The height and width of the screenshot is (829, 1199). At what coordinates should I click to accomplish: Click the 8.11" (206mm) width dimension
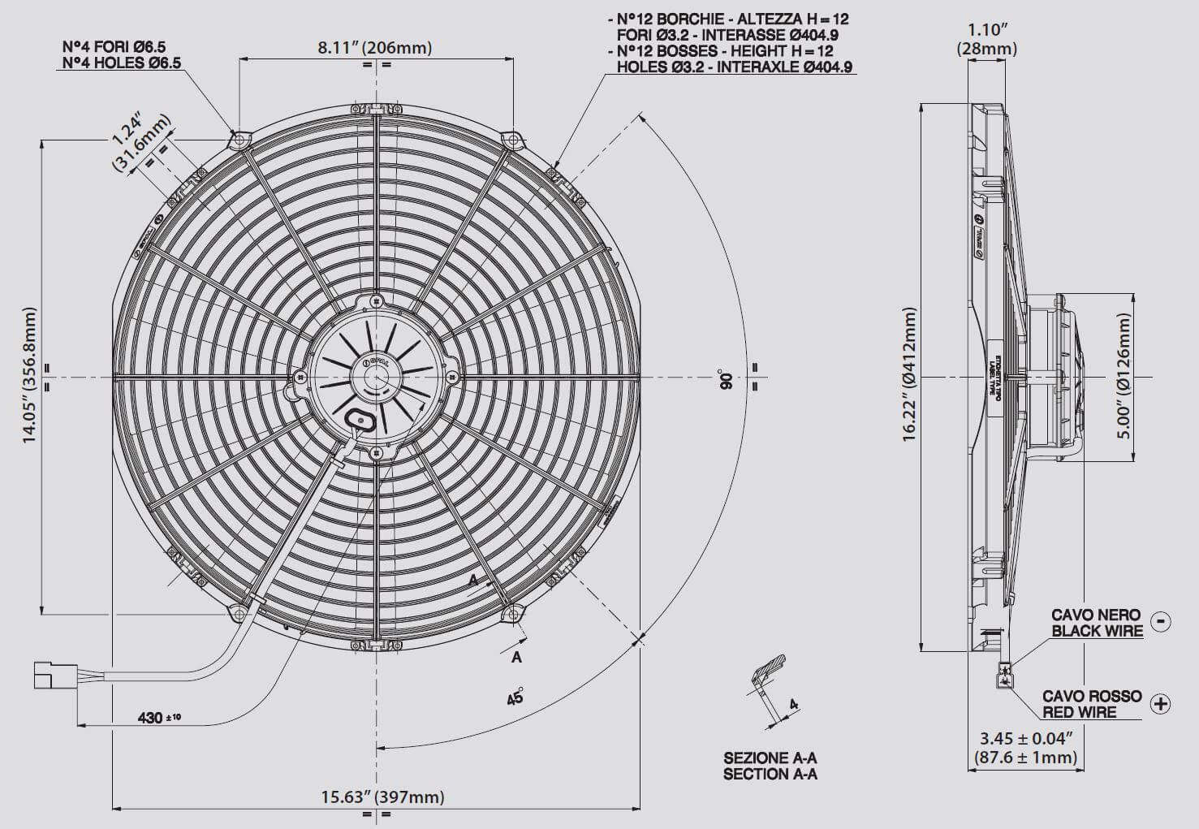pyautogui.click(x=374, y=48)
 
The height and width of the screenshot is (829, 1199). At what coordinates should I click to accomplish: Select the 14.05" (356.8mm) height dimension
pyautogui.click(x=30, y=374)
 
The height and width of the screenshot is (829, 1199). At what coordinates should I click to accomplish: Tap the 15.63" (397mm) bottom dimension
pyautogui.click(x=382, y=797)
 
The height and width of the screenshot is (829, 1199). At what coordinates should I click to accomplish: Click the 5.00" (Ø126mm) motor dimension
pyautogui.click(x=1124, y=376)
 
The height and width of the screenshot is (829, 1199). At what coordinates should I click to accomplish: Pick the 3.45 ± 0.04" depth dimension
pyautogui.click(x=1026, y=748)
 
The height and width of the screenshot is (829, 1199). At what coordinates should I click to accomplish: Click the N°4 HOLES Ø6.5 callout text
pyautogui.click(x=119, y=63)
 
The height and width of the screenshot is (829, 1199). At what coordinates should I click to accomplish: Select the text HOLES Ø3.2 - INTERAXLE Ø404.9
pyautogui.click(x=734, y=67)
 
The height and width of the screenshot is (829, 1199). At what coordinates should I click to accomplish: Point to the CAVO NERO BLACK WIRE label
pyautogui.click(x=1096, y=623)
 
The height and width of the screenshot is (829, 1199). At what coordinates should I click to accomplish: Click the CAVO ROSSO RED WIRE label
pyautogui.click(x=1091, y=704)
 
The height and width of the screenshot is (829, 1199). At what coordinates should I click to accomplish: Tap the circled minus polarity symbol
pyautogui.click(x=1161, y=621)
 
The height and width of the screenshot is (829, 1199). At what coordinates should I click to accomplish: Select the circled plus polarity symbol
pyautogui.click(x=1161, y=703)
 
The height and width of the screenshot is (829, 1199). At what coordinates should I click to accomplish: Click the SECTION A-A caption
pyautogui.click(x=770, y=774)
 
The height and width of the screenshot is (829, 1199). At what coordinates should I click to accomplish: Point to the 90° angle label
pyautogui.click(x=725, y=380)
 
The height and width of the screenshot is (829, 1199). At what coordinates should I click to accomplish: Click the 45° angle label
pyautogui.click(x=515, y=697)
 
